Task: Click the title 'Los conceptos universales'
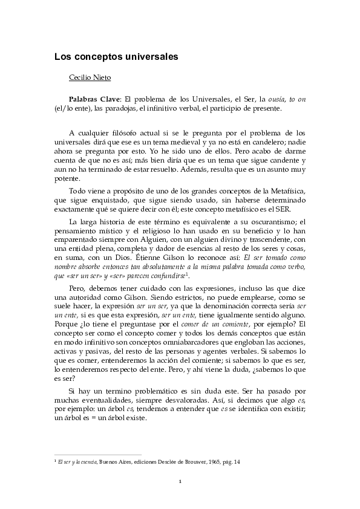(x=116, y=57)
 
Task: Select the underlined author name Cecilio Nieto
(x=92, y=78)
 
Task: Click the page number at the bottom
(x=180, y=482)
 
